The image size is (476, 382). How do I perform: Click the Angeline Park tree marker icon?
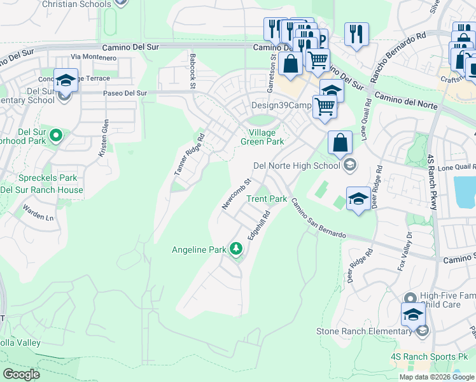(x=237, y=248)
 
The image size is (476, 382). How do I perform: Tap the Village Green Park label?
(x=262, y=137)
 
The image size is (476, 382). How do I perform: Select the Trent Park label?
(x=267, y=199)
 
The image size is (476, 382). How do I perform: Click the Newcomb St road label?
(x=233, y=194)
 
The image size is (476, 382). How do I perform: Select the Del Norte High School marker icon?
(x=349, y=166)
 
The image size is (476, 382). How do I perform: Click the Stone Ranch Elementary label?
(x=364, y=331)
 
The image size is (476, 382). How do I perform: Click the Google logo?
(x=21, y=374)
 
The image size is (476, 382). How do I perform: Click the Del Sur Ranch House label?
(x=41, y=190)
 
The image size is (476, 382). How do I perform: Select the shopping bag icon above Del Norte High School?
(x=340, y=143)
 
